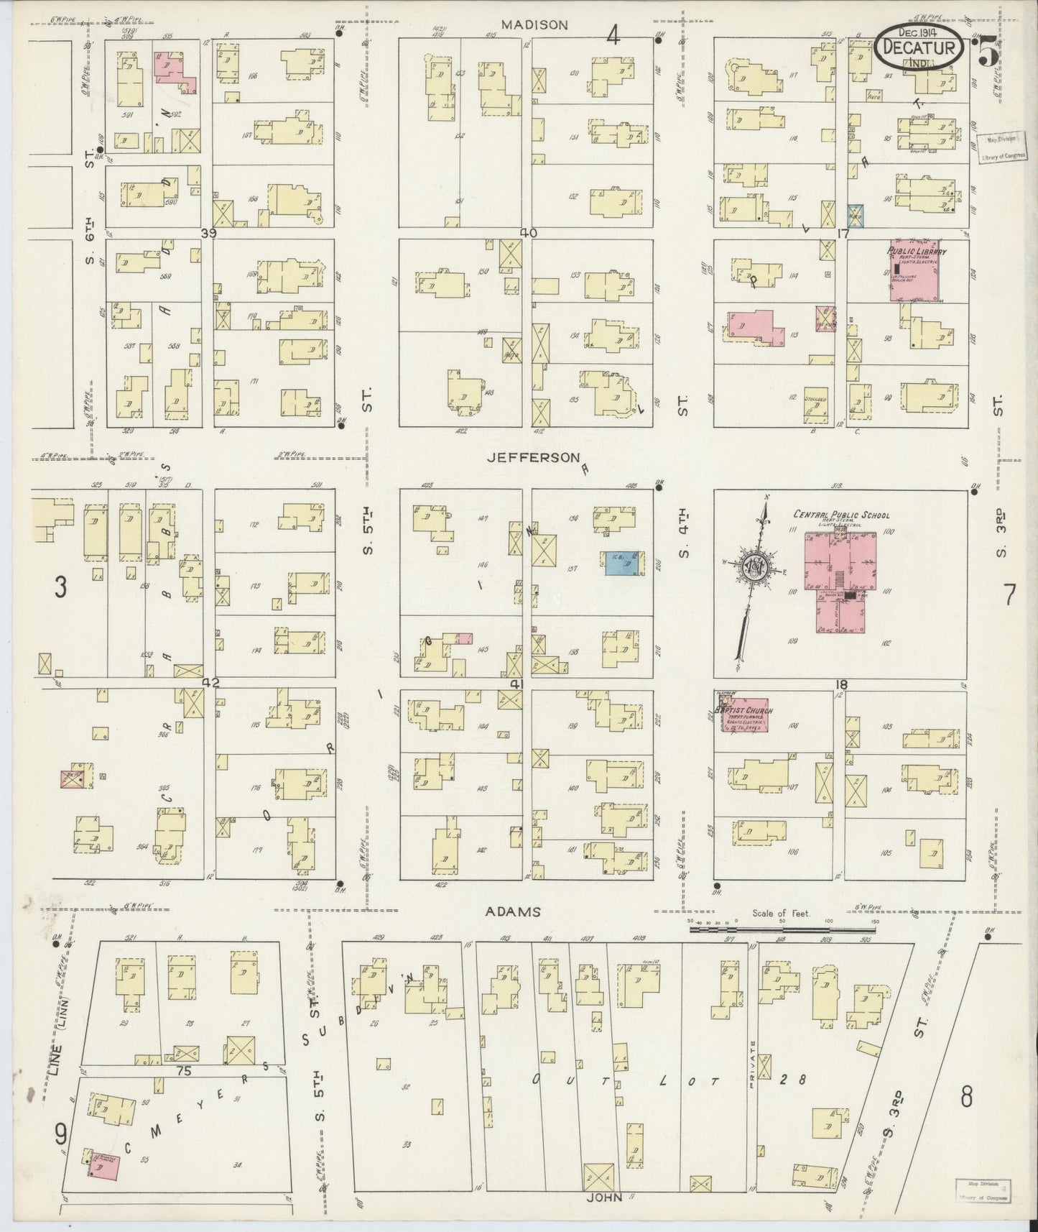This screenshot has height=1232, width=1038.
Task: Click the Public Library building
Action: pyautogui.click(x=915, y=271)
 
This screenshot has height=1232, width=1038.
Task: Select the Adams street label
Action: pyautogui.click(x=512, y=911)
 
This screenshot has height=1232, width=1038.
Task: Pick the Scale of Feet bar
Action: pyautogui.click(x=783, y=929)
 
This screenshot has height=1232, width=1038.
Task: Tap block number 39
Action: pyautogui.click(x=208, y=233)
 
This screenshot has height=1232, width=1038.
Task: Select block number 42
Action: pyautogui.click(x=209, y=681)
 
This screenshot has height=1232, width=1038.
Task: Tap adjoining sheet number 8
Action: pyautogui.click(x=967, y=1097)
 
